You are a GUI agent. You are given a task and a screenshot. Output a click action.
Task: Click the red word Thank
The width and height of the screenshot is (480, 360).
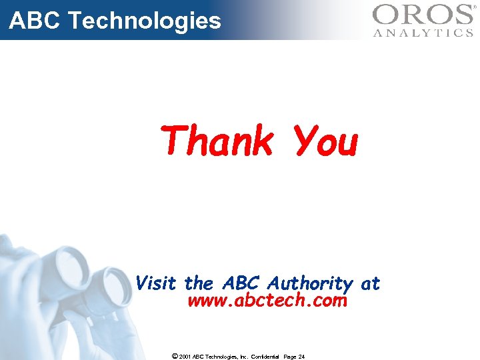217,141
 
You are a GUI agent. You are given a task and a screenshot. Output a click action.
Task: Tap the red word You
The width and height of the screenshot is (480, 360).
326,142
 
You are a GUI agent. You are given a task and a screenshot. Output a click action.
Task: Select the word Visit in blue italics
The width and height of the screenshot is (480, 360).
156,283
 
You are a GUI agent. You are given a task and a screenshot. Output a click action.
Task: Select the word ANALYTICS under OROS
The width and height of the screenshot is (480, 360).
423,32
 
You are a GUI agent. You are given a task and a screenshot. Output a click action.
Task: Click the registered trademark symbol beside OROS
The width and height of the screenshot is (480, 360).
475,7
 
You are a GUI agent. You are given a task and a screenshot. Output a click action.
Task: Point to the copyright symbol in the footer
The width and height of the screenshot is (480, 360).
174,356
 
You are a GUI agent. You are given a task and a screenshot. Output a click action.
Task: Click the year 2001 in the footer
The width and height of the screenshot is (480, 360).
185,357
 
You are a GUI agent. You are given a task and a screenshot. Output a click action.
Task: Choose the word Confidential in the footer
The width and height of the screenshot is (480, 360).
265,357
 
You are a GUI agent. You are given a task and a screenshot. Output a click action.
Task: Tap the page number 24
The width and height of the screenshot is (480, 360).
301,357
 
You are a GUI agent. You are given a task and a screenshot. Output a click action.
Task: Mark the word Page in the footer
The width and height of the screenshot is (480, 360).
289,357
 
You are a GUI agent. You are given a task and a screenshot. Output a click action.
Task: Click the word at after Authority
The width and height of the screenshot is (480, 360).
370,284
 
